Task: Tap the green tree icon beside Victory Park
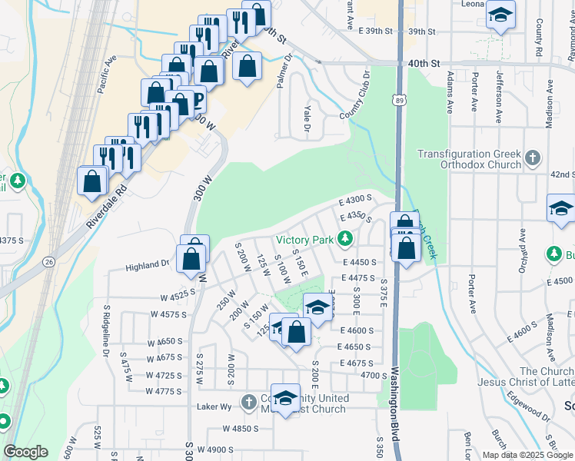click(x=345, y=240)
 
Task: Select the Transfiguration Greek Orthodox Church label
click(x=470, y=159)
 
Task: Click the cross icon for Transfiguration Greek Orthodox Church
click(x=533, y=159)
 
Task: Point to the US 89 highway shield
click(x=397, y=99)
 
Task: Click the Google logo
click(x=25, y=451)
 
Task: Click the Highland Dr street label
click(x=148, y=265)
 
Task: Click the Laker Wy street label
click(x=214, y=406)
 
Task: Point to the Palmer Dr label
click(x=284, y=71)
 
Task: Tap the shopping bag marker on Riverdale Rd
click(x=92, y=181)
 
